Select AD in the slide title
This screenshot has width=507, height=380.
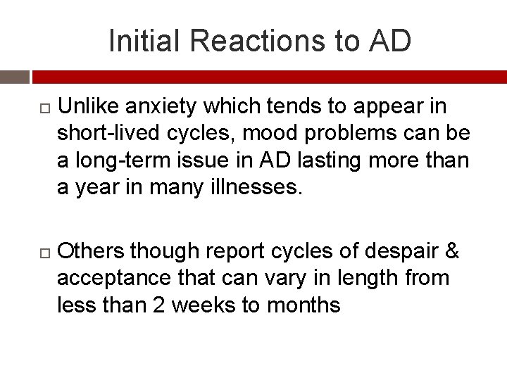pos(389,41)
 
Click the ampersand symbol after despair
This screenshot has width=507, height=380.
pos(453,251)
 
